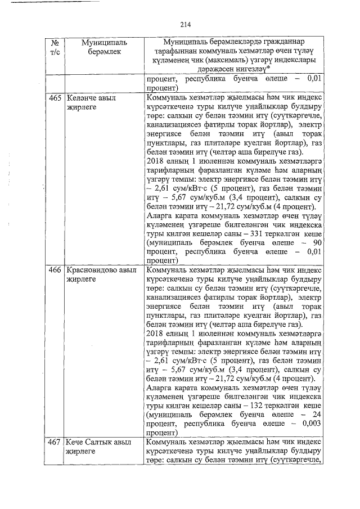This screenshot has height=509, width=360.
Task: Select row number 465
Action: coord(55,97)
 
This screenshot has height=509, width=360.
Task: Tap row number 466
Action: coord(55,270)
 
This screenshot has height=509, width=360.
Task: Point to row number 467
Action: coord(55,442)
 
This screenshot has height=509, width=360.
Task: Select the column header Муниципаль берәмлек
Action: coord(103,47)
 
